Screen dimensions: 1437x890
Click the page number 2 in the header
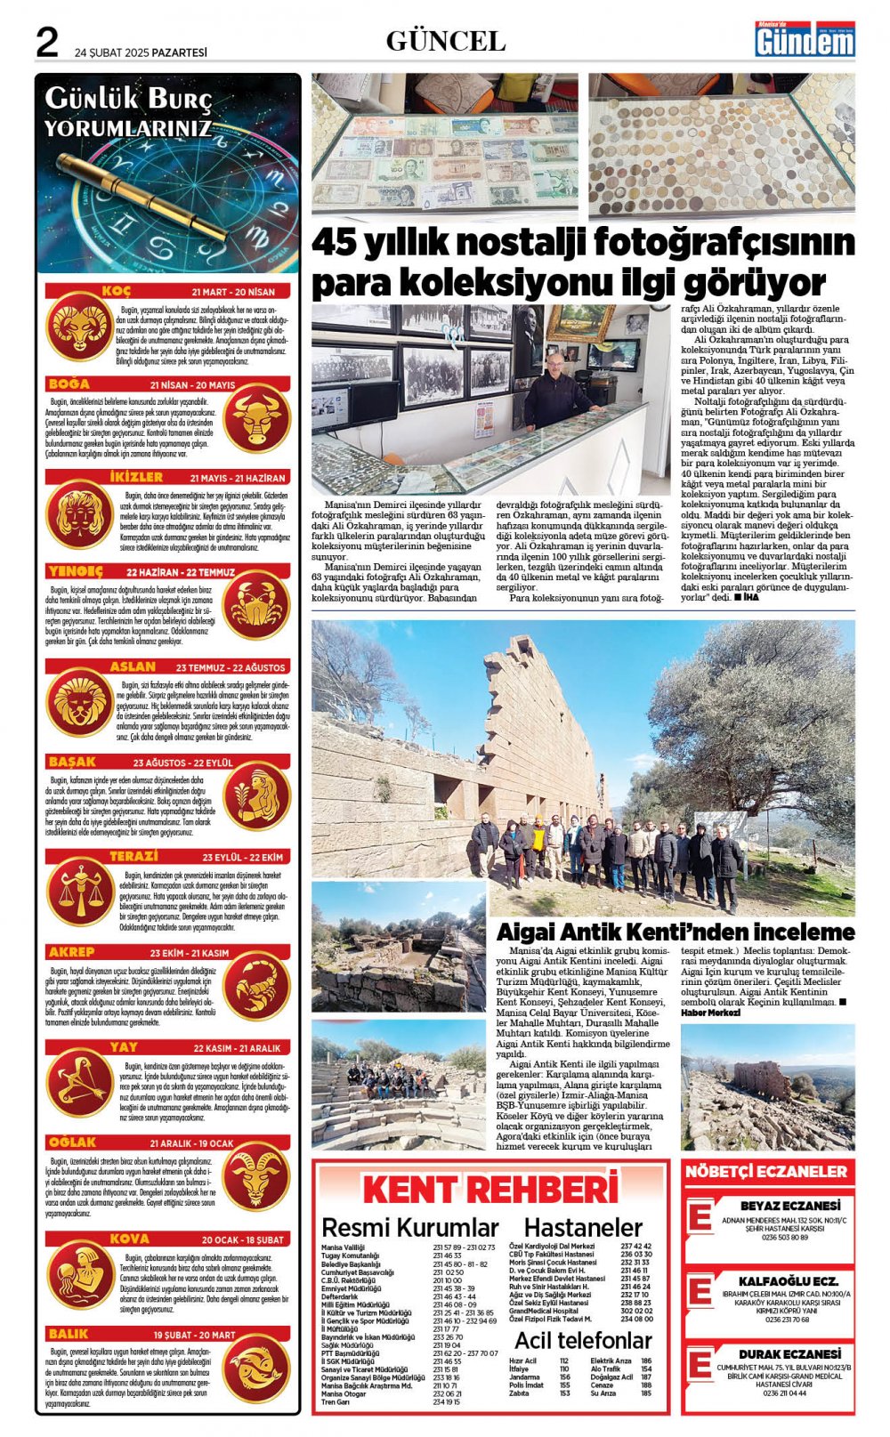pyautogui.click(x=46, y=42)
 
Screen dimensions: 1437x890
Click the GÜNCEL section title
pyautogui.click(x=445, y=41)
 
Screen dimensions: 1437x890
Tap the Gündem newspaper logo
pyautogui.click(x=805, y=40)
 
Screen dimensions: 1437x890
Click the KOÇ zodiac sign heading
pyautogui.click(x=116, y=292)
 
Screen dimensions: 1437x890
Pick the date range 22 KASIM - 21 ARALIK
pyautogui.click(x=237, y=1048)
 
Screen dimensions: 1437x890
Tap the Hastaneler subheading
pyautogui.click(x=583, y=1228)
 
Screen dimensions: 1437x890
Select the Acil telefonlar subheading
pyautogui.click(x=583, y=1340)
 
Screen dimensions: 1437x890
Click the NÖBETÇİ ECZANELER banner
pyautogui.click(x=766, y=1172)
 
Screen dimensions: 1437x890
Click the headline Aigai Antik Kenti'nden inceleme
pyautogui.click(x=675, y=932)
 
